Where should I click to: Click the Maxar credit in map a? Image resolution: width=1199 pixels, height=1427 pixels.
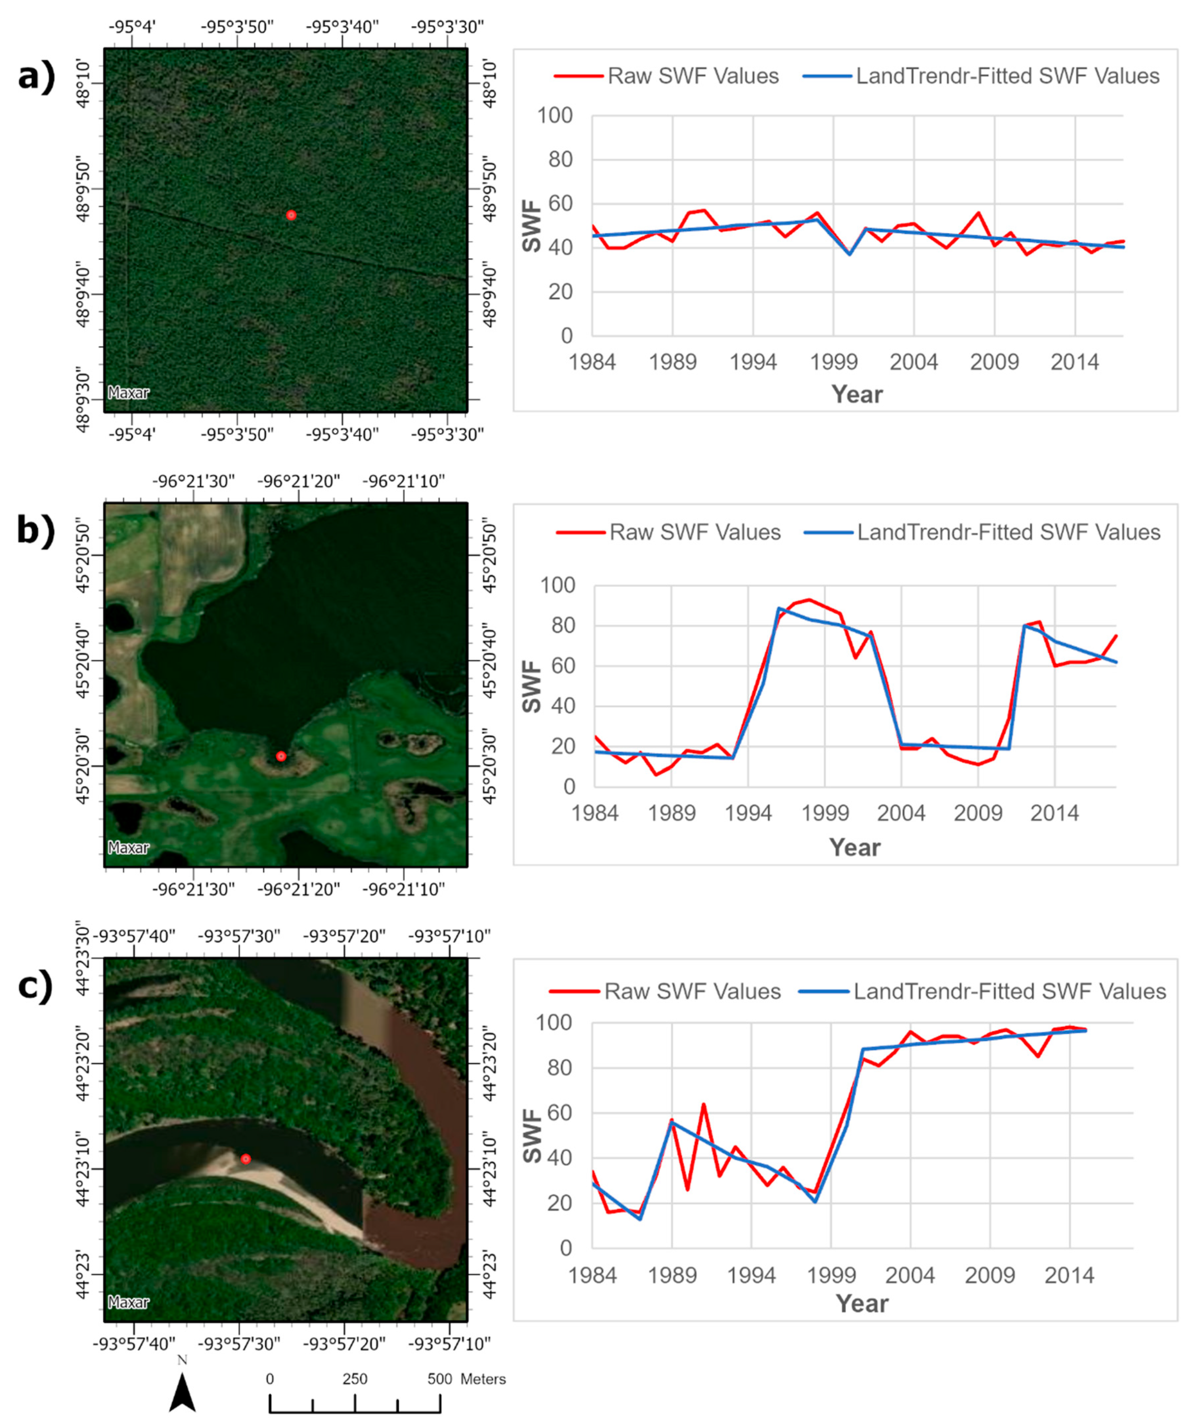pyautogui.click(x=128, y=393)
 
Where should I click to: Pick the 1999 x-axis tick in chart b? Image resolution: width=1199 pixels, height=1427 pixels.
pyautogui.click(x=825, y=813)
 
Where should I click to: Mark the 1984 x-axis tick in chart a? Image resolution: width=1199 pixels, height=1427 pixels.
pyautogui.click(x=593, y=362)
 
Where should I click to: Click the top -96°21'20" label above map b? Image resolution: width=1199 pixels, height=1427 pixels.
pyautogui.click(x=298, y=482)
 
